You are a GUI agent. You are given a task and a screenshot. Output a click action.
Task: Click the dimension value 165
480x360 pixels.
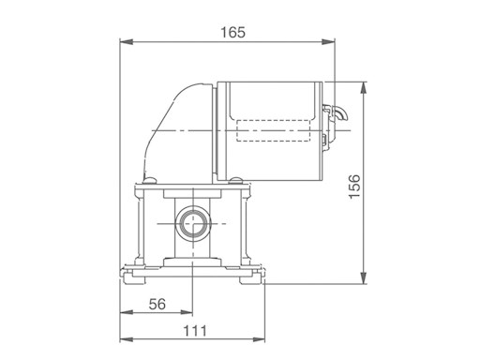tap(233, 33)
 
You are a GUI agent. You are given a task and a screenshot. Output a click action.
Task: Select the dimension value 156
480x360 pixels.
tap(354, 187)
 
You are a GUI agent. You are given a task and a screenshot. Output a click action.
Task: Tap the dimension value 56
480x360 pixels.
tap(157, 304)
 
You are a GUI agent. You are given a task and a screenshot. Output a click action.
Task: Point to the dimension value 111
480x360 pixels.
tap(195, 331)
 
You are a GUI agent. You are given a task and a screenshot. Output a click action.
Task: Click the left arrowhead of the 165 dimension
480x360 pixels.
tap(127, 42)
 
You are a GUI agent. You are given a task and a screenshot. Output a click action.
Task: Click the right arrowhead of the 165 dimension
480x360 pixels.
tap(328, 42)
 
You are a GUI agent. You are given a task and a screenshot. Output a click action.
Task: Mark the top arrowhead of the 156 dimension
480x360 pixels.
tap(363, 88)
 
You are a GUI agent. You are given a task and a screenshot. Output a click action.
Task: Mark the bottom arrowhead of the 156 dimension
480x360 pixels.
tap(363, 277)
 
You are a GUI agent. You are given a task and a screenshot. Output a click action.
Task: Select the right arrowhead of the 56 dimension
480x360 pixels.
tap(187, 312)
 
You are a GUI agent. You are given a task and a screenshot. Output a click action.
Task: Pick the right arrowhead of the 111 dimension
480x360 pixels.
tap(259, 339)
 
